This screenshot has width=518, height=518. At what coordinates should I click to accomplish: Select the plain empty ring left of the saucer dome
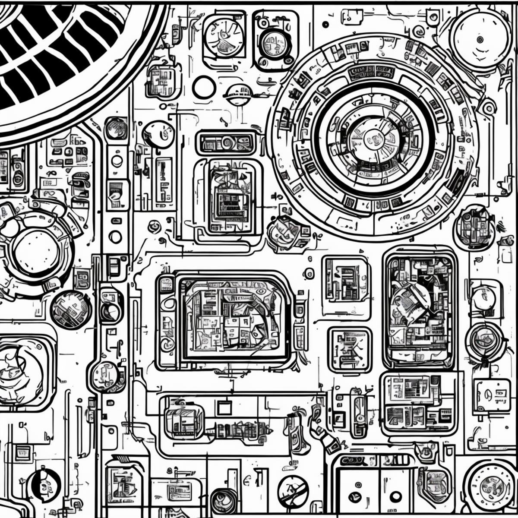204,87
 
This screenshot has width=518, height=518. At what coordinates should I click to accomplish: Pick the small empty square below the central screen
224,408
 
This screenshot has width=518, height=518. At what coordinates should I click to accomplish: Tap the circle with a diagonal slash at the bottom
293,491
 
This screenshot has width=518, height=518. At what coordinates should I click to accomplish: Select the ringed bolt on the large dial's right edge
488,107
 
